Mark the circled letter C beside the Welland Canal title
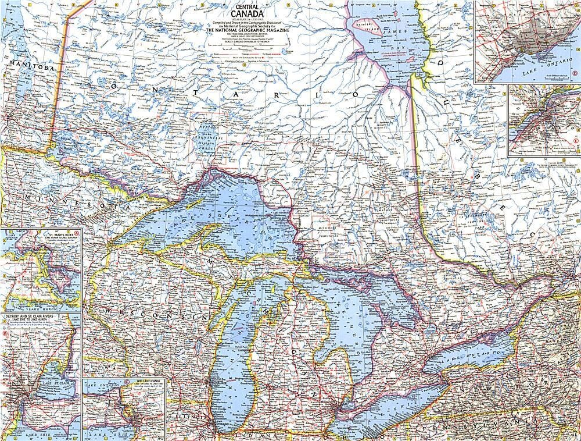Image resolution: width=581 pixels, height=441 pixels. coord(127,381)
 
